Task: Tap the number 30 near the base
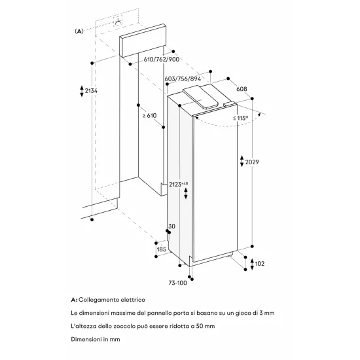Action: pyautogui.click(x=172, y=226)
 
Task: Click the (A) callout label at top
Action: pyautogui.click(x=79, y=31)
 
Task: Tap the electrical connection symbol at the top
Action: pyautogui.click(x=118, y=22)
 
